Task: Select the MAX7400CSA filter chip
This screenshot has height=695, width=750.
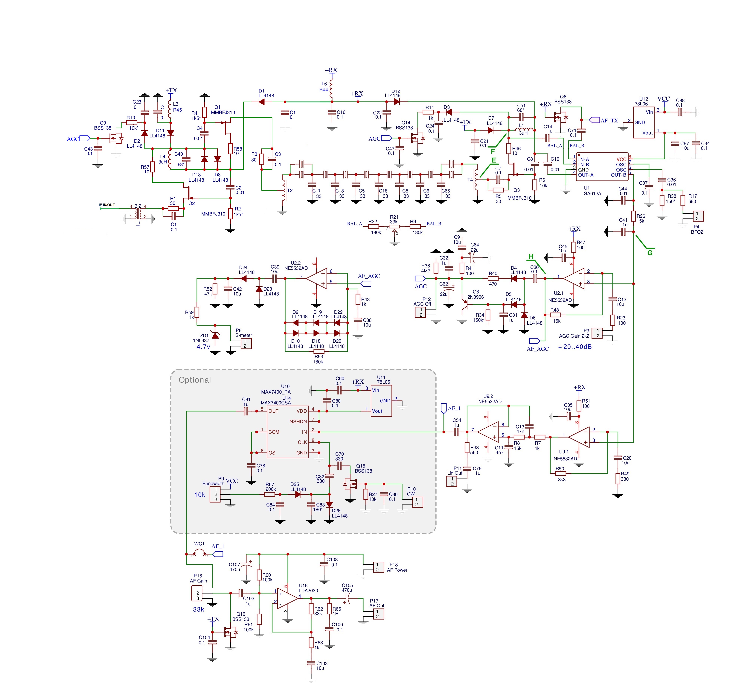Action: pos(288,432)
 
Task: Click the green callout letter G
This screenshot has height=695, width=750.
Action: pos(650,253)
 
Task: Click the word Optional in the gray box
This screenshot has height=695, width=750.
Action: pos(195,380)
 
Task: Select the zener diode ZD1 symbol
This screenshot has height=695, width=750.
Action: pos(215,335)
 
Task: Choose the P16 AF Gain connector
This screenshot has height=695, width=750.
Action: pos(197,593)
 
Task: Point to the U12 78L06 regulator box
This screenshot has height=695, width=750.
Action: pos(644,122)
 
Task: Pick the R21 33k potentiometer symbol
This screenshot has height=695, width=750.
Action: pos(394,227)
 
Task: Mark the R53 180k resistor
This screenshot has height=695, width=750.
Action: pos(318,351)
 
